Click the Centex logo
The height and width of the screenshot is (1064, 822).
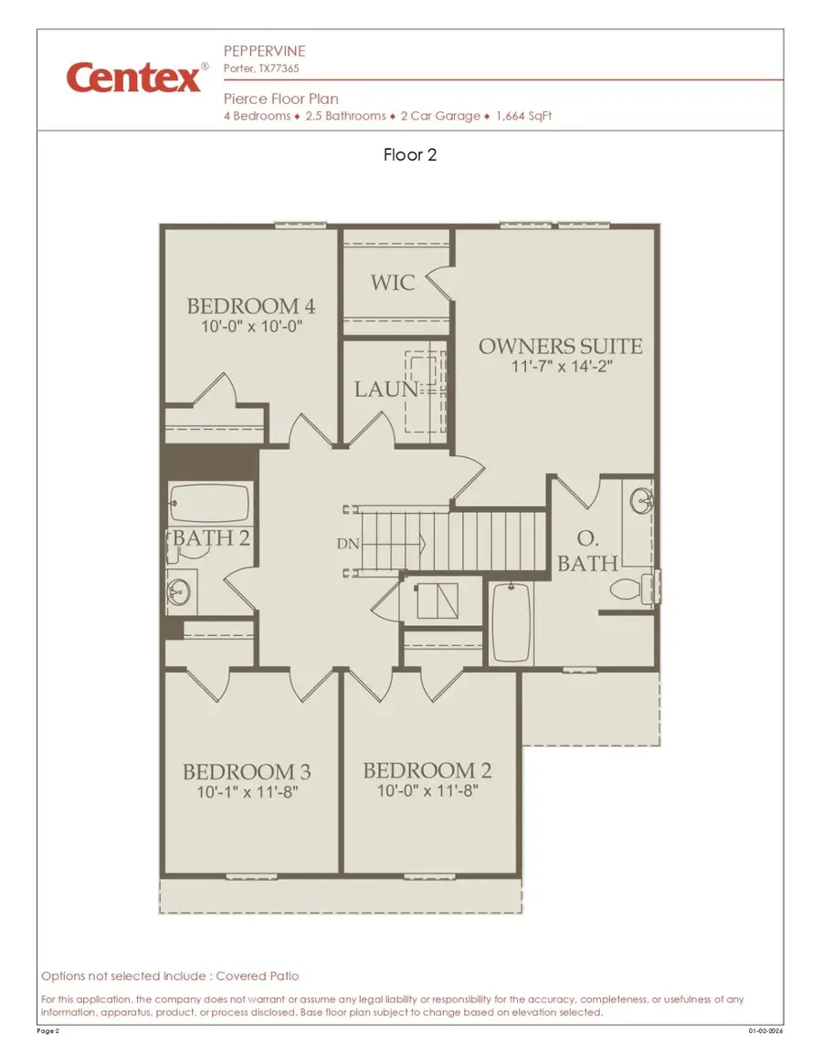[133, 78]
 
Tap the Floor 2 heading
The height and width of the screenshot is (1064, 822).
[410, 155]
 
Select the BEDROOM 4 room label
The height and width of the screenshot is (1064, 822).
[251, 306]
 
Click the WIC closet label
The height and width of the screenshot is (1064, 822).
[393, 282]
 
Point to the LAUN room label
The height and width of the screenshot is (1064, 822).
[386, 390]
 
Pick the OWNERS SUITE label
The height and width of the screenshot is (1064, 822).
[561, 347]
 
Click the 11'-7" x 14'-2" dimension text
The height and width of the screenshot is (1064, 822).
[561, 367]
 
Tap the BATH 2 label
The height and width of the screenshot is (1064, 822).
[211, 537]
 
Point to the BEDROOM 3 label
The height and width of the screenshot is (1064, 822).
[247, 772]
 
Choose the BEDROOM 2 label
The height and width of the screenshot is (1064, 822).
[427, 771]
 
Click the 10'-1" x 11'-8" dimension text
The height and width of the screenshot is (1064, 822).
[247, 792]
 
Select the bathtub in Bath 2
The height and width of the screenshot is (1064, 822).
[210, 502]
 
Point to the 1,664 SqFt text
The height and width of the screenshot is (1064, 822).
[524, 116]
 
